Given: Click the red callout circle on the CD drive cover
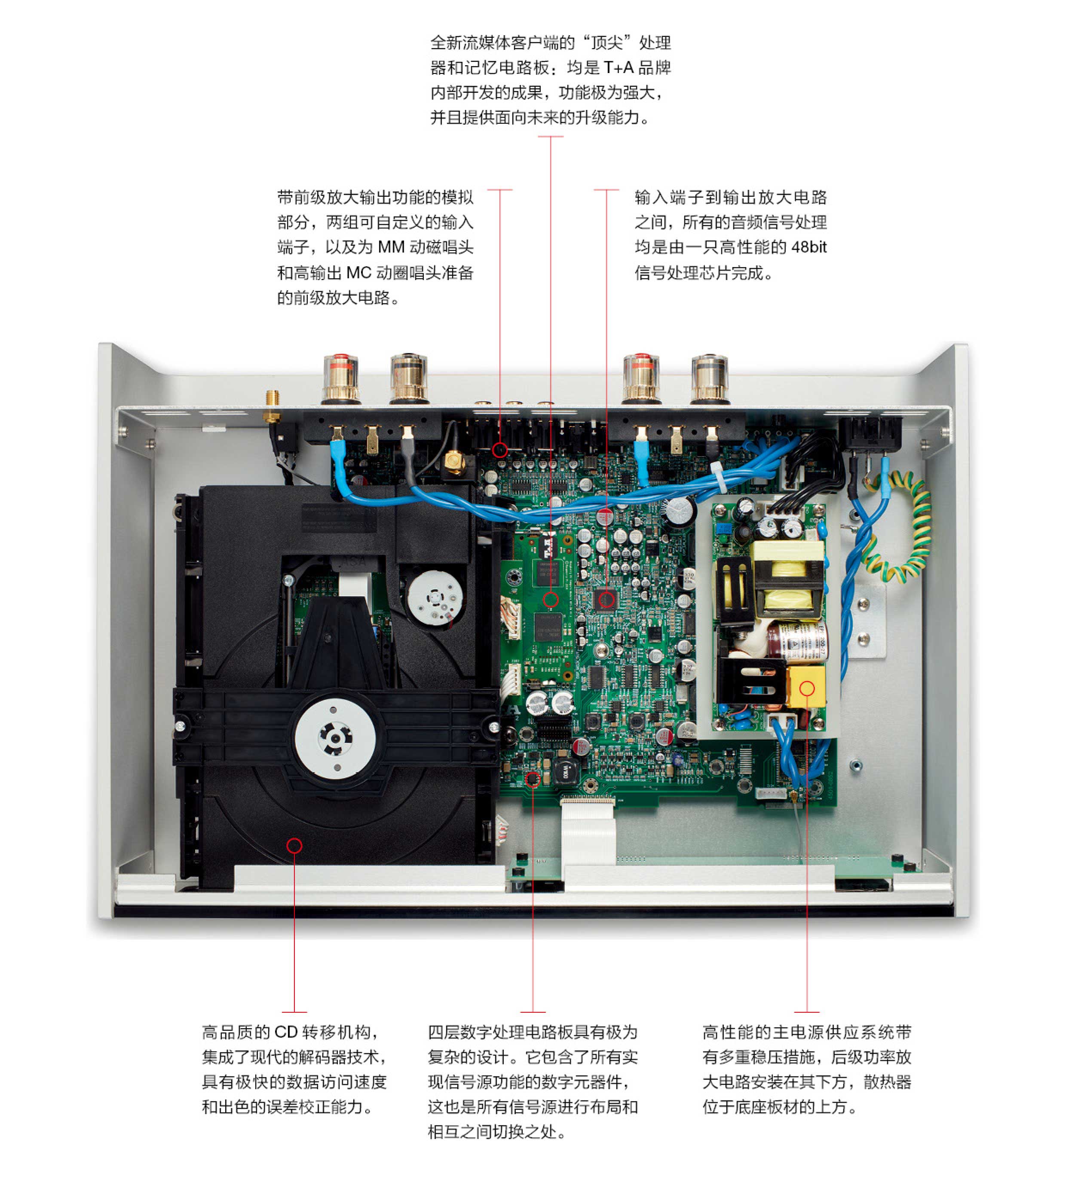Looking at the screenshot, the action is (x=294, y=845).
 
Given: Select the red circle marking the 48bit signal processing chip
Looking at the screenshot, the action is (x=606, y=599).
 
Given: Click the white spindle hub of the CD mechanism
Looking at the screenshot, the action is (x=334, y=736).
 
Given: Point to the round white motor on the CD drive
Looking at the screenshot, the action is (x=435, y=597).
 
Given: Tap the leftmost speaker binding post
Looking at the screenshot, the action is (x=341, y=379).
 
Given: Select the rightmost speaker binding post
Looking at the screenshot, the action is (x=710, y=379).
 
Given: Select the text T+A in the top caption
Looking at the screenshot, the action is (x=619, y=68).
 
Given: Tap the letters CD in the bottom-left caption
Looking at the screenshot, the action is (x=286, y=1031).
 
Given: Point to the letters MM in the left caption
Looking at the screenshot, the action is (x=391, y=247).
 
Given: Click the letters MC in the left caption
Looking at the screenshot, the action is (x=358, y=273).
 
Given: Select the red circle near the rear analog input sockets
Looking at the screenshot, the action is (x=499, y=449).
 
